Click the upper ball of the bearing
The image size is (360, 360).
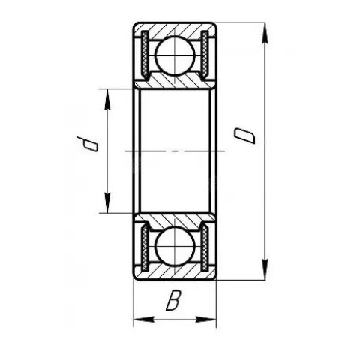(x=175, y=55)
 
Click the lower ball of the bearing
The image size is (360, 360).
(x=175, y=246)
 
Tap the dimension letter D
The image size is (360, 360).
(x=244, y=136)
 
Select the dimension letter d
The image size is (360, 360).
(x=87, y=144)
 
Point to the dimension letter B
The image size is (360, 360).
(x=173, y=300)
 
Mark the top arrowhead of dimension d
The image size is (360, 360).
(x=107, y=99)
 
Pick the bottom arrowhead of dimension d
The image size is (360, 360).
(x=107, y=202)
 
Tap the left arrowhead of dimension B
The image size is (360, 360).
(x=143, y=319)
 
